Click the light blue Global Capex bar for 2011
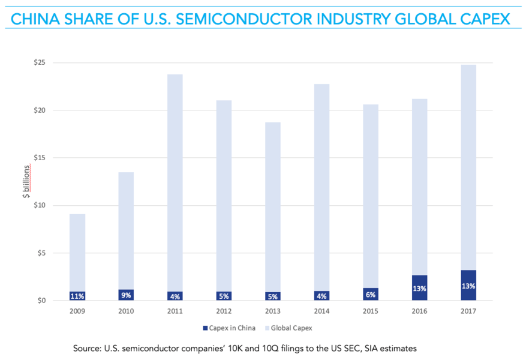pos(175,180)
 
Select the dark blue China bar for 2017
pos(468,286)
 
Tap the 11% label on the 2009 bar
pos(77,296)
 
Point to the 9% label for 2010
pos(126,295)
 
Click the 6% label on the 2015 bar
pos(371,295)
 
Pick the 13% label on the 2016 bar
pos(419,289)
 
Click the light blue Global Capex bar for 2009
pos(77,252)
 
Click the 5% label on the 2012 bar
pos(224,296)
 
